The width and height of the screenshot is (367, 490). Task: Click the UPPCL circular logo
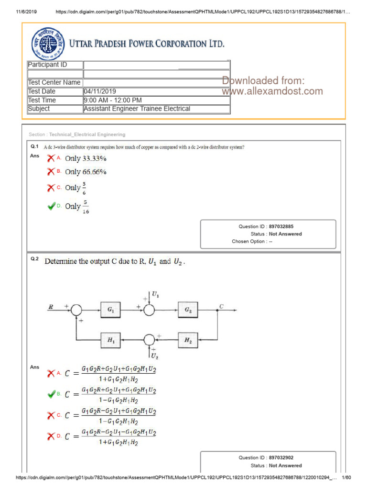tap(47, 43)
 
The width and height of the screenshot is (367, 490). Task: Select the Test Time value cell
tap(113, 100)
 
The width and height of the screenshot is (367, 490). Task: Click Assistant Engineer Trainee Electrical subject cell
tap(137, 109)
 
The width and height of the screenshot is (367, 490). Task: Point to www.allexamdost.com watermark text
tap(272, 91)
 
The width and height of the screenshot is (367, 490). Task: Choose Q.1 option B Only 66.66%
tap(86, 172)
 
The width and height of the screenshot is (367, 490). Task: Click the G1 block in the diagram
tap(110, 310)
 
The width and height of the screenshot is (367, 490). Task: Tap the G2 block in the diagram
tap(188, 310)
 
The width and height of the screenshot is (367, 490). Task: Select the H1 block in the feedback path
tap(110, 340)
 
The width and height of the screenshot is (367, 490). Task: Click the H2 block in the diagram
tap(188, 340)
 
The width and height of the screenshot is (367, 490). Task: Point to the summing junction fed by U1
tap(150, 310)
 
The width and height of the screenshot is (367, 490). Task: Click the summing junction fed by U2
tap(150, 340)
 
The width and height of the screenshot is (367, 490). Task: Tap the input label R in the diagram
tap(50, 307)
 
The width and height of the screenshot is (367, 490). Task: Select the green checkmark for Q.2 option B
tap(51, 394)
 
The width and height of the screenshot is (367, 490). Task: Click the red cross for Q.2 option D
tap(51, 436)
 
